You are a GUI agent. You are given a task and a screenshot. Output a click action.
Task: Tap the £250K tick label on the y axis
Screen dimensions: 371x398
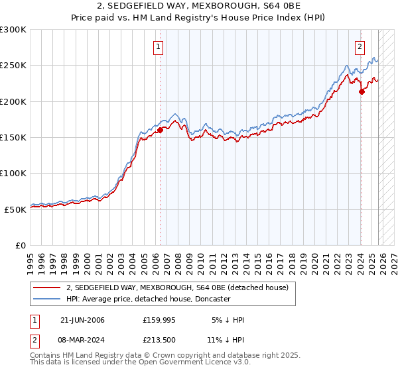point(13,66)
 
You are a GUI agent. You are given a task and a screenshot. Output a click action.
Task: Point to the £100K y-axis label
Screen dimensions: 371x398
point(13,173)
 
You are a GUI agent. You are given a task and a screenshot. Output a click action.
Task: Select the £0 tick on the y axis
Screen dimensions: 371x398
point(21,245)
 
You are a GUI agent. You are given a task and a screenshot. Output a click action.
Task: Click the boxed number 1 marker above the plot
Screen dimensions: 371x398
point(159,47)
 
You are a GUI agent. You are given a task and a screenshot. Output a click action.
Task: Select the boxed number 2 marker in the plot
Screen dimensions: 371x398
point(360,46)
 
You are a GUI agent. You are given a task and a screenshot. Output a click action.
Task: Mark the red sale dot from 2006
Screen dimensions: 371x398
point(160,131)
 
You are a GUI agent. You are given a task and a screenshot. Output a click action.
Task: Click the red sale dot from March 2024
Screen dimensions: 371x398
point(362,92)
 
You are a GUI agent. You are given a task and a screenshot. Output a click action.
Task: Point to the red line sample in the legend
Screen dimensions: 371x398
point(47,288)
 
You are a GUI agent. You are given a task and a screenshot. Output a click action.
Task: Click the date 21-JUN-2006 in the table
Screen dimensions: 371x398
point(82,321)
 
